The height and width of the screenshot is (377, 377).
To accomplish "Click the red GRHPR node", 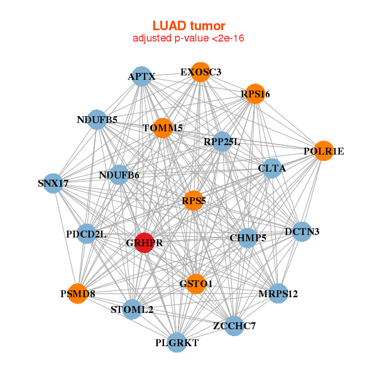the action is point(145,243).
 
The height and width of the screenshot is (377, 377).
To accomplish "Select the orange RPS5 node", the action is point(194,201).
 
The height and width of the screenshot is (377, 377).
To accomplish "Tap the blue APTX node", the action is point(141,77).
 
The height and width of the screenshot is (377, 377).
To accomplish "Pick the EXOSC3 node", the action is point(200,72).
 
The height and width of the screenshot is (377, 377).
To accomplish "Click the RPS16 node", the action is point(255,94).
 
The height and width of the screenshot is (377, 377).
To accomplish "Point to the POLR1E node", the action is point(323,151).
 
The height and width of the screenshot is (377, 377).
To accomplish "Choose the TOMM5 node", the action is point(162,128).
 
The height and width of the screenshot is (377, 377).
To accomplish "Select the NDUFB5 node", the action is point(97,119).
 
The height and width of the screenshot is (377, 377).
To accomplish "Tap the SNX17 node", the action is point(53,183).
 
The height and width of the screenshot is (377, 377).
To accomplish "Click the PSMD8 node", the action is point(77,293).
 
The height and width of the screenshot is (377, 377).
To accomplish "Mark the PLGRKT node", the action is point(177,342).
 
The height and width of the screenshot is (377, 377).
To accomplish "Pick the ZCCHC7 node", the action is point(234,325).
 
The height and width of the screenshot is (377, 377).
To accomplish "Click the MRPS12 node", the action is point(278,293).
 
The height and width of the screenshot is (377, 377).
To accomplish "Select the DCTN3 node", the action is point(302,232).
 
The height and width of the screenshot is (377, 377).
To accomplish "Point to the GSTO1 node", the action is point(196,284).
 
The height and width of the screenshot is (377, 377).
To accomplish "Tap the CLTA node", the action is point(271,168).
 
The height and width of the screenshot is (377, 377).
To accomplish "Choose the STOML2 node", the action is point(132,309).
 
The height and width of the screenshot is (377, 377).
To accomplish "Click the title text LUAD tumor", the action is point(188,26).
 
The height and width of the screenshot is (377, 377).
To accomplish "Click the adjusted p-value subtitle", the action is point(188,38).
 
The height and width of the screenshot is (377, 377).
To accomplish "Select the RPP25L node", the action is point(222,142).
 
